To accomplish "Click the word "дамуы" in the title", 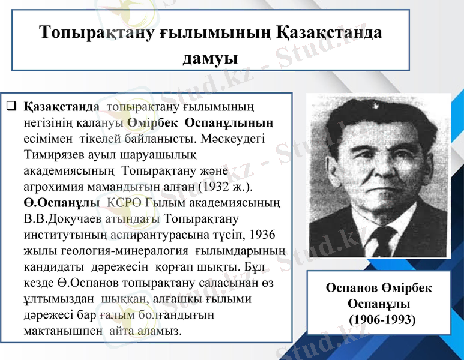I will point(209,57).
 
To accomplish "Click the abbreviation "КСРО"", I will point(124,202).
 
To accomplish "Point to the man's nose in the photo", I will point(376,180).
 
